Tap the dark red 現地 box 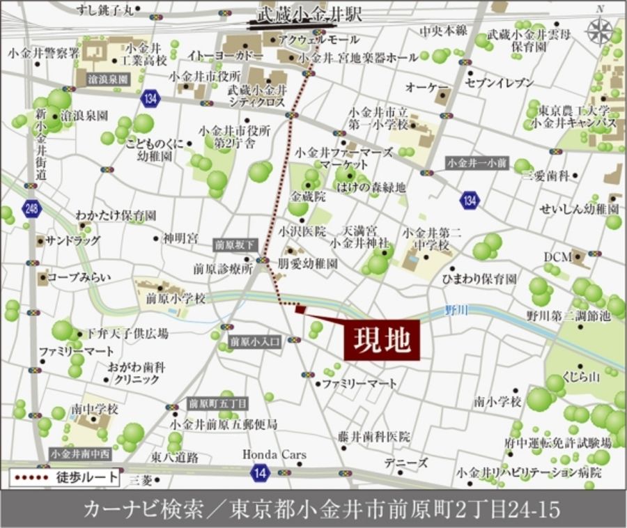coord(382,341)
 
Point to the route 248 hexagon coord(31,208)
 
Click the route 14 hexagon coord(259,474)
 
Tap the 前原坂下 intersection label coord(235,244)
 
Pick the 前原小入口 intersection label coord(254,341)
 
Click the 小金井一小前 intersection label coord(478,163)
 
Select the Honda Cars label coord(274,455)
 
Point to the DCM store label coord(557,257)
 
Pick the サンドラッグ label coord(72,240)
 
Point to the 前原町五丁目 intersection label coord(217,403)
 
